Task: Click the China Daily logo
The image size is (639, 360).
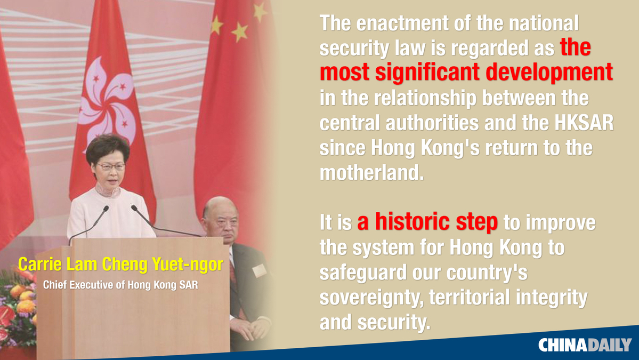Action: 585,345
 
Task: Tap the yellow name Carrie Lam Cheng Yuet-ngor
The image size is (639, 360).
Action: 120,265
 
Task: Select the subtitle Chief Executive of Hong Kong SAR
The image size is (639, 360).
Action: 120,285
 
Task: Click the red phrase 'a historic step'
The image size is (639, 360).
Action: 427,222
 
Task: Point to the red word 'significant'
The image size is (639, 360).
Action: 427,72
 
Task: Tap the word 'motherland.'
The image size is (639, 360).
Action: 371,172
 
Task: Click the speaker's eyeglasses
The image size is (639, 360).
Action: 110,167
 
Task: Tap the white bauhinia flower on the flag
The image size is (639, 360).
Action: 107,104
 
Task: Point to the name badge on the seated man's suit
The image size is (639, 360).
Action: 259,270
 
